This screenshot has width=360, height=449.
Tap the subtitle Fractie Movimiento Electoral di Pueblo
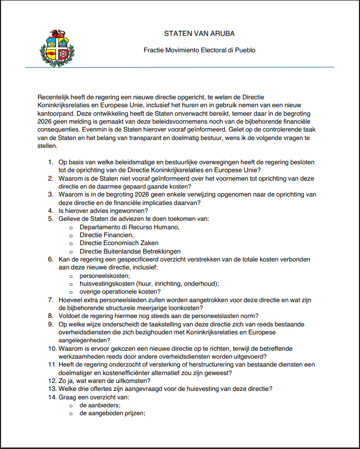click(x=199, y=51)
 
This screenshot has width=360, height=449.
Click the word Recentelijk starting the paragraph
click(x=56, y=98)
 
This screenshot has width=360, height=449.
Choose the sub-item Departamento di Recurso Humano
click(x=129, y=227)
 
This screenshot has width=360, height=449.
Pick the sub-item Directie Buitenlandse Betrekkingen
click(x=130, y=251)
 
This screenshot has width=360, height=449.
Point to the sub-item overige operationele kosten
click(x=120, y=291)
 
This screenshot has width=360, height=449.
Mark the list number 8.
click(x=51, y=315)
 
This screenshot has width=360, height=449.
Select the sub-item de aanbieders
click(x=100, y=405)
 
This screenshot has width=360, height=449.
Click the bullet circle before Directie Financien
click(x=71, y=235)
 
